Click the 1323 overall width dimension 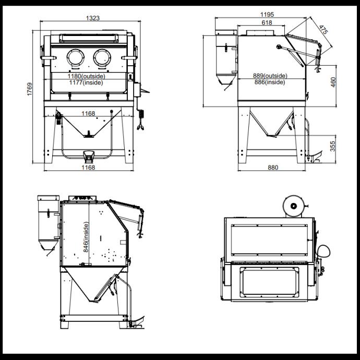(93, 18)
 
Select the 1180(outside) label (88, 76)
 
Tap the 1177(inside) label (88, 82)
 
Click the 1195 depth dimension (268, 15)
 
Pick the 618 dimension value (266, 23)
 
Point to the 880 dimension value (272, 167)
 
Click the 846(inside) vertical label (86, 237)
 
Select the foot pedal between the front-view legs (88, 154)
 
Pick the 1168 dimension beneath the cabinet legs (88, 167)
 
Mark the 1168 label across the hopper (88, 113)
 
